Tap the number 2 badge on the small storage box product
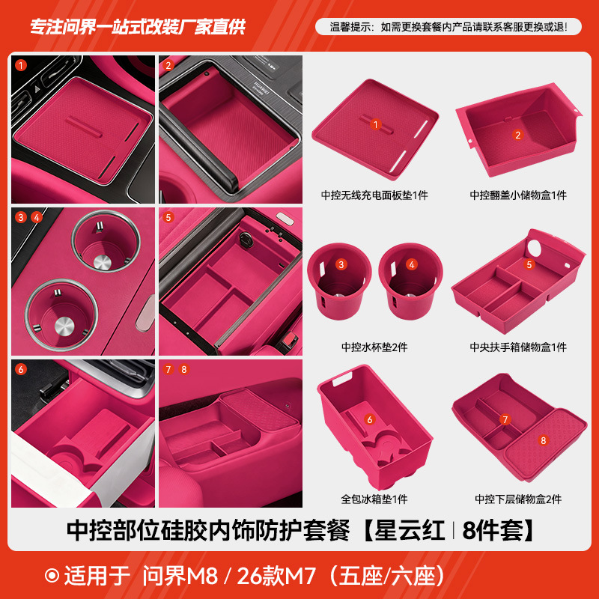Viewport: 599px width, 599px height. (517, 136)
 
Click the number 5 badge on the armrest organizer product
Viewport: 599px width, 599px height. (529, 264)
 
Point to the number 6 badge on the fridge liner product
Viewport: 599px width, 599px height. (370, 420)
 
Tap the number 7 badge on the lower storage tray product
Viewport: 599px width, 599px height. (505, 419)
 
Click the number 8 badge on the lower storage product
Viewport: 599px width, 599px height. (544, 440)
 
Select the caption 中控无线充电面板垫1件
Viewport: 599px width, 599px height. (374, 195)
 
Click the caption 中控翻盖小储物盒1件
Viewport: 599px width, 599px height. (518, 195)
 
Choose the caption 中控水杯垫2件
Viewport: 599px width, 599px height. (374, 347)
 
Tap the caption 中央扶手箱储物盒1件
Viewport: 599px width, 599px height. (518, 347)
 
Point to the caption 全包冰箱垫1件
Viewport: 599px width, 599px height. (374, 499)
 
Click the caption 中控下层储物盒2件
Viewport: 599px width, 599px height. (518, 499)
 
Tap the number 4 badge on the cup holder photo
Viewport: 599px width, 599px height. (37, 217)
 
